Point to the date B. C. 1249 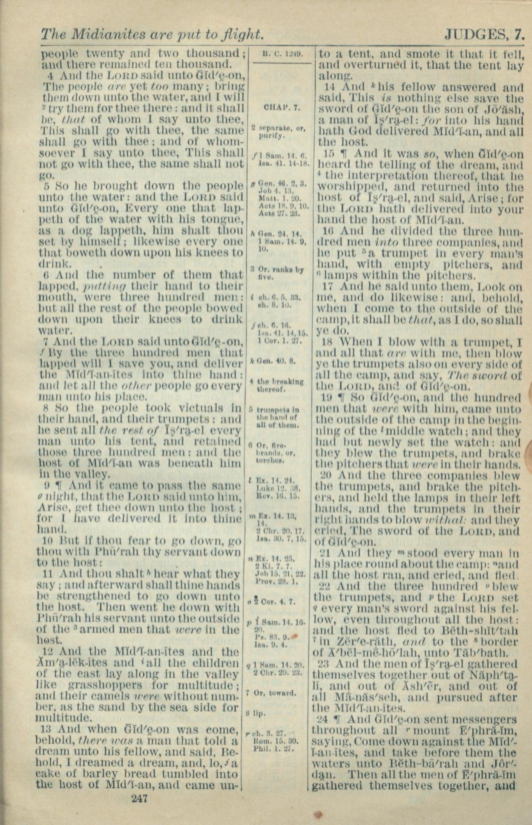click(x=282, y=54)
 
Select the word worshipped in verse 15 click(x=350, y=187)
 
